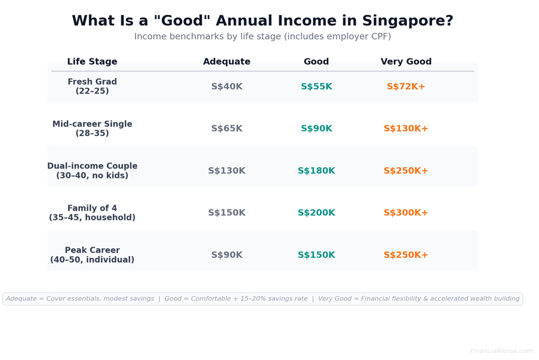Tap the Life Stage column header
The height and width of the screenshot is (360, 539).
(x=92, y=62)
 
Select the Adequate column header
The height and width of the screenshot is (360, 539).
(x=226, y=62)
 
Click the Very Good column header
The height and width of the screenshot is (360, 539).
(x=406, y=62)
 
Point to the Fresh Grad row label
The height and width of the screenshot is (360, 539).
(x=92, y=87)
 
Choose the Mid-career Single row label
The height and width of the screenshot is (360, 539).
(x=92, y=129)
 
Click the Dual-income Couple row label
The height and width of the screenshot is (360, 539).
(x=92, y=171)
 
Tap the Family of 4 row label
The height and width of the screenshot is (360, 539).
(x=92, y=213)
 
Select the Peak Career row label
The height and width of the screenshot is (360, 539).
(x=92, y=255)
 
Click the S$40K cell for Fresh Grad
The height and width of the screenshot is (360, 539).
(x=226, y=87)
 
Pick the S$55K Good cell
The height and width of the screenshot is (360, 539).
(x=316, y=87)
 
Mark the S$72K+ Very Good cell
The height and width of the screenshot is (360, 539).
(x=406, y=87)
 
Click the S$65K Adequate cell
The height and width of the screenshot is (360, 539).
(x=226, y=129)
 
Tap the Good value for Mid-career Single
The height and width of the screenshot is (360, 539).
(x=316, y=129)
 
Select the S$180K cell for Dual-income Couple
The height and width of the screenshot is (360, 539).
(x=316, y=171)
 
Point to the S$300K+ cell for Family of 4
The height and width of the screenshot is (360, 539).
(x=406, y=213)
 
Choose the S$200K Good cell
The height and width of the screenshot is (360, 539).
(x=316, y=213)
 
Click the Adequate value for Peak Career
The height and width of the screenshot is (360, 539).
(x=226, y=256)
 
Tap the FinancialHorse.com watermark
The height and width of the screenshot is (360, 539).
(x=501, y=351)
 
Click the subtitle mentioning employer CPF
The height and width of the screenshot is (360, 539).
(x=263, y=37)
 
